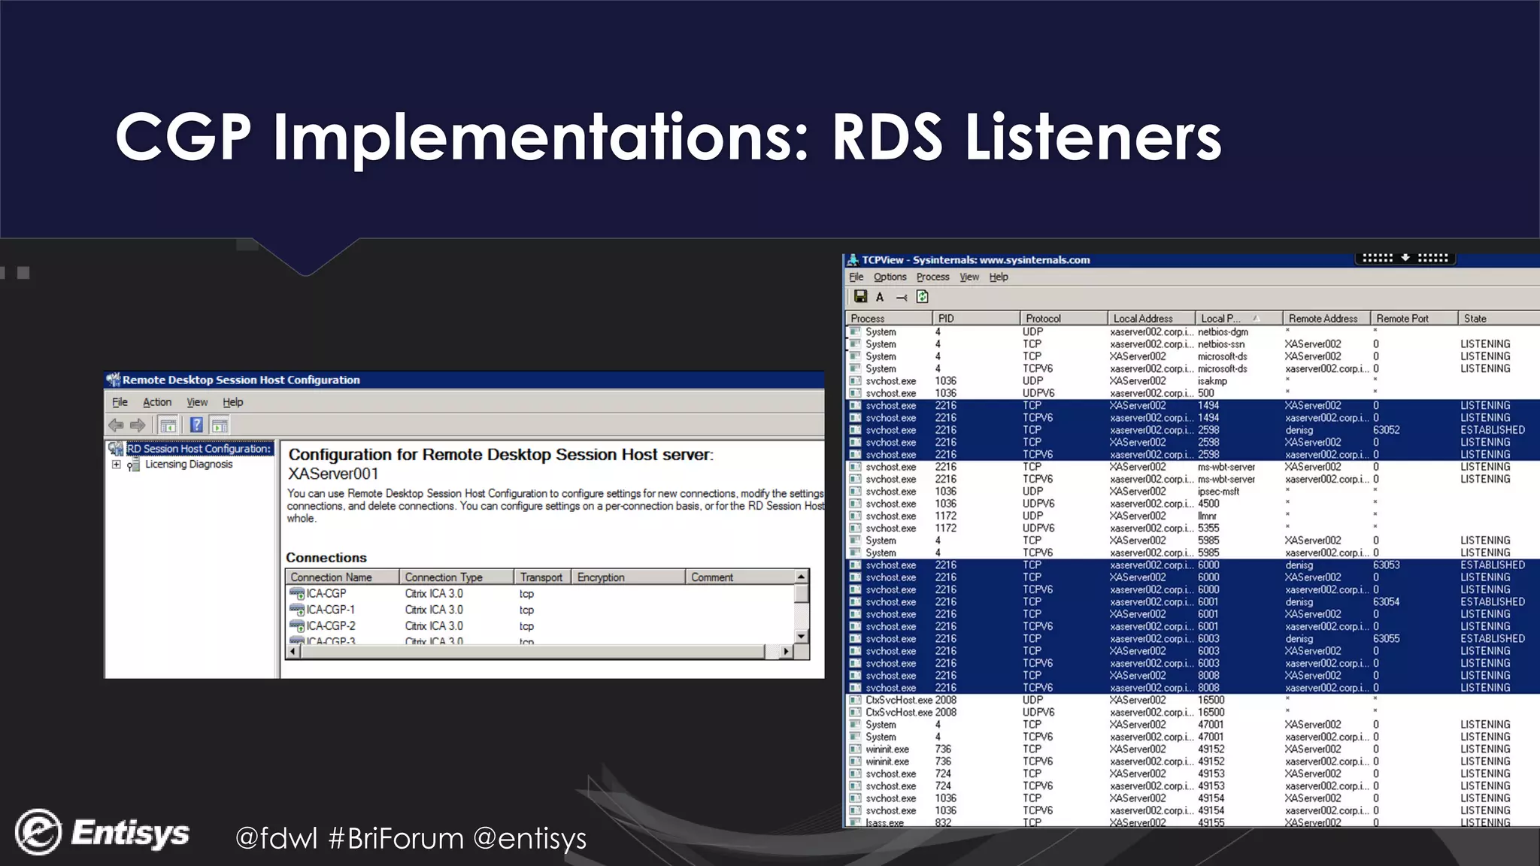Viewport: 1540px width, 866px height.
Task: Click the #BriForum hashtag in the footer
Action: tap(396, 838)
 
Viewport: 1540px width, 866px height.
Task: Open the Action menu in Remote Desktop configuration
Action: tap(157, 402)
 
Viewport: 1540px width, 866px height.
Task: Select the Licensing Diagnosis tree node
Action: tap(189, 465)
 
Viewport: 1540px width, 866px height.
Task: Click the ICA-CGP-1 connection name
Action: tap(330, 610)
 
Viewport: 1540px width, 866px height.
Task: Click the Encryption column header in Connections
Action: tap(601, 577)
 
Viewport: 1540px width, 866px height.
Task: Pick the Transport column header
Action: tap(541, 577)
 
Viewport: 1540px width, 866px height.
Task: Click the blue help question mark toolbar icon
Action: tap(196, 425)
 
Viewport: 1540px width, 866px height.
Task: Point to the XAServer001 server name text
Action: tap(333, 474)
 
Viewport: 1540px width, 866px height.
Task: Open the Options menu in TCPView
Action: tap(890, 277)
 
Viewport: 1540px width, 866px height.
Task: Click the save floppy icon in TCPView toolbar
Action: tap(860, 297)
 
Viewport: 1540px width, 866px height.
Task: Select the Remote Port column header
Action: tap(1402, 319)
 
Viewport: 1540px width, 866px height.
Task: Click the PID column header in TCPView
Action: tap(946, 319)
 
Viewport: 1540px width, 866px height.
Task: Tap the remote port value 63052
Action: tap(1386, 430)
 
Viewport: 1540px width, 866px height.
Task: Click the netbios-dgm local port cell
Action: tap(1223, 332)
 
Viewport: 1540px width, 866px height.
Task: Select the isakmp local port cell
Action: tap(1212, 381)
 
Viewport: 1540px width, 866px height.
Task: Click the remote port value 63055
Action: tap(1386, 639)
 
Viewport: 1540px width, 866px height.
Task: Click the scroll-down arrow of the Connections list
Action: tap(802, 636)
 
